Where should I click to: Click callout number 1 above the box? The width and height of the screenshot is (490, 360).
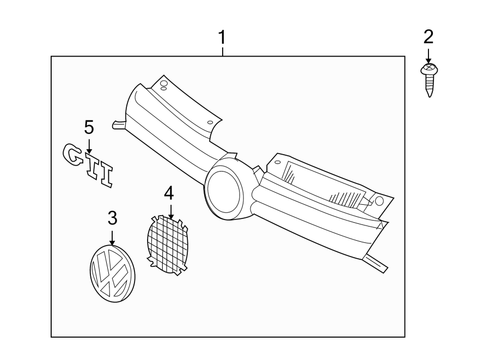click(222, 38)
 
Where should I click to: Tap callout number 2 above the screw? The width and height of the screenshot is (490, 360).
click(428, 37)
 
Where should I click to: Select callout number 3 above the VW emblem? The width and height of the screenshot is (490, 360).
click(113, 218)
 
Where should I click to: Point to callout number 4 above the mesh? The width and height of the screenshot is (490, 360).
click(169, 193)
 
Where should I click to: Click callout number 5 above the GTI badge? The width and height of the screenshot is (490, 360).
click(89, 128)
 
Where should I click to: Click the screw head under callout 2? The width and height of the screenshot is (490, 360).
click(429, 69)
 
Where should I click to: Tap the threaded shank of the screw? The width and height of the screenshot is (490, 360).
click(430, 86)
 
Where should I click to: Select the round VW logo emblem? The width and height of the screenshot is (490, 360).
click(112, 273)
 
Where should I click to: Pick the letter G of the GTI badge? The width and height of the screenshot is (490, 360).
click(72, 154)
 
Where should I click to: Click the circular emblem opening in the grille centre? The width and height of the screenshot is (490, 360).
click(224, 193)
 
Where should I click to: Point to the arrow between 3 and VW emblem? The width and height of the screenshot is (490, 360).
click(112, 238)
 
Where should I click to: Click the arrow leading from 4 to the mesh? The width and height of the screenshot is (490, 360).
click(170, 211)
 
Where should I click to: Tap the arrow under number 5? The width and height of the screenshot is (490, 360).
click(89, 147)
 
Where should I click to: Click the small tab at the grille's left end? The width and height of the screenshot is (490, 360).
click(119, 125)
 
